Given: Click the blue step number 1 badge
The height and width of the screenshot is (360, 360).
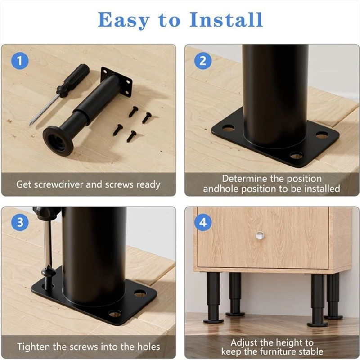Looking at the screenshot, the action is [20, 61].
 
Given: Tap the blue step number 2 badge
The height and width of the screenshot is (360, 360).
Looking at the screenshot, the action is [203, 61].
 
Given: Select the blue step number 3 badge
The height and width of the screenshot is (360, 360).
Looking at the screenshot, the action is [20, 222].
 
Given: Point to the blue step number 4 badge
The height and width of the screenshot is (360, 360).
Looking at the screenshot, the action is [203, 222].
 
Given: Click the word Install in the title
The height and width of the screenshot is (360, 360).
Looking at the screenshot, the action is [226, 20].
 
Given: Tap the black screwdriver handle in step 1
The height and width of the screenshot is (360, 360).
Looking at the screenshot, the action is [73, 81].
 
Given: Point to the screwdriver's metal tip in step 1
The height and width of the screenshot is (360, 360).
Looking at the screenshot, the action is [30, 124].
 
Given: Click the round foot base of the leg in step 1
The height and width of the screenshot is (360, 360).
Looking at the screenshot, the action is [58, 141].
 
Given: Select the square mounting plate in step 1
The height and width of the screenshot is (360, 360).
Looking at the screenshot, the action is [117, 81].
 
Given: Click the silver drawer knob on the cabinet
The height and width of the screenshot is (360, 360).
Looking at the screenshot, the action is [260, 235].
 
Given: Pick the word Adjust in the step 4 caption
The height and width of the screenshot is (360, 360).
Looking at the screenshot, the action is [243, 342].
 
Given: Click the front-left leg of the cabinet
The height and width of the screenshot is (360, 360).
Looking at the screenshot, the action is [213, 298].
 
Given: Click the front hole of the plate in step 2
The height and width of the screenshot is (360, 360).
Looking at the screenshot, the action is [296, 155].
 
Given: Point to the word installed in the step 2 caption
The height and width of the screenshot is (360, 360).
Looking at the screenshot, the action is [322, 189].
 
